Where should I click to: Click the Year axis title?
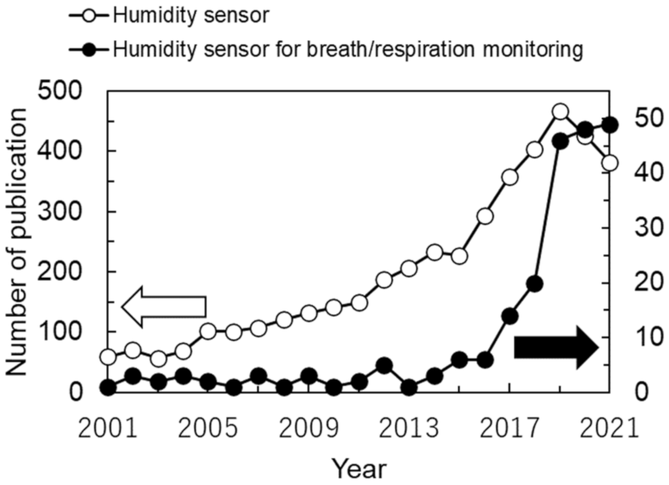point(359,469)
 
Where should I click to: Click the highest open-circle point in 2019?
point(560,112)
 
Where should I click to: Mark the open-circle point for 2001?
point(108,357)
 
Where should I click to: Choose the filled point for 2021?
point(610,124)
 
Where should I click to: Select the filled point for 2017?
point(509,316)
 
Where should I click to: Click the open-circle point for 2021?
point(610,162)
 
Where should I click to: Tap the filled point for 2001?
point(108,387)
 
